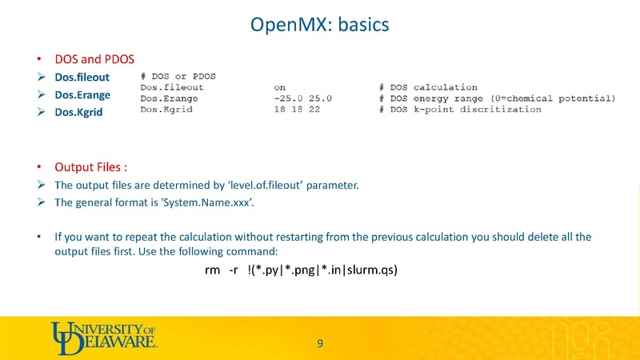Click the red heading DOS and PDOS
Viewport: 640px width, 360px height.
[x=94, y=59]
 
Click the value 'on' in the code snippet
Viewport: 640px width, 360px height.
[x=280, y=87]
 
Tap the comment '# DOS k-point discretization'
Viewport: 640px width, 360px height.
[x=461, y=110]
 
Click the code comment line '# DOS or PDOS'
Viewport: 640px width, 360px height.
[x=178, y=76]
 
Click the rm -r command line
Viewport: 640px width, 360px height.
[x=302, y=270]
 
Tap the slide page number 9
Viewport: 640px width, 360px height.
[x=320, y=344]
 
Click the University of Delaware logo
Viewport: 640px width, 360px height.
[x=104, y=336]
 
